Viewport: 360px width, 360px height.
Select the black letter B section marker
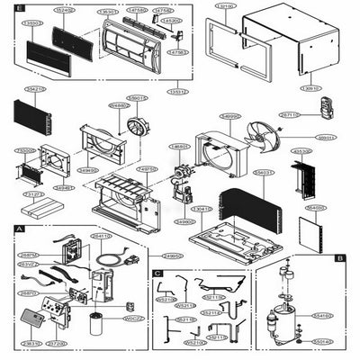(338, 257)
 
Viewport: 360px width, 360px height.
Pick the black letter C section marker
(158, 272)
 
